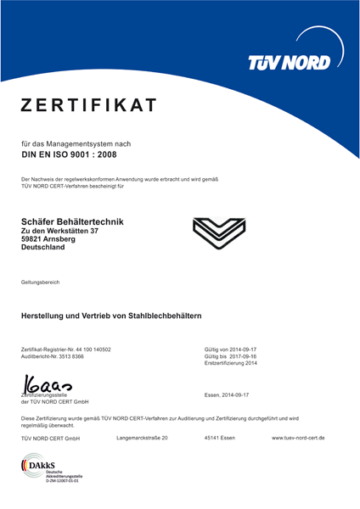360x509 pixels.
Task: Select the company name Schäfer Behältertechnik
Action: [71, 221]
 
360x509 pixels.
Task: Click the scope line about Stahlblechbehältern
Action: [110, 316]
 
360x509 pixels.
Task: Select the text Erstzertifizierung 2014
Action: [231, 365]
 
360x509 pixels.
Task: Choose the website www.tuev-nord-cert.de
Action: [297, 438]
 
